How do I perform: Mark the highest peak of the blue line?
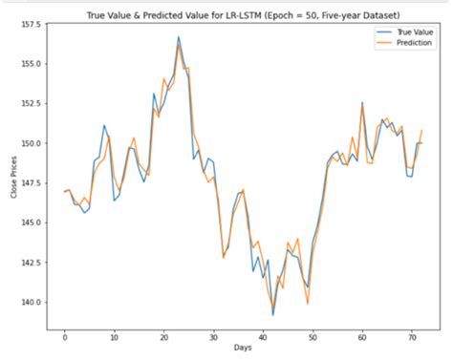(x=179, y=37)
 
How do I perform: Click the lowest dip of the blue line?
(x=273, y=314)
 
